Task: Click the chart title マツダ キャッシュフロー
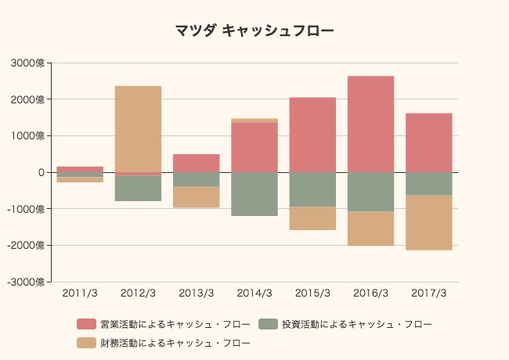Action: click(x=254, y=31)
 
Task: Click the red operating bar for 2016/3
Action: click(x=370, y=124)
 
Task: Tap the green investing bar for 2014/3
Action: click(x=254, y=193)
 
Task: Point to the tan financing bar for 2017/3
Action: click(x=428, y=222)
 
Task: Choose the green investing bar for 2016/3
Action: click(x=370, y=192)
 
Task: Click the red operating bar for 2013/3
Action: click(x=196, y=163)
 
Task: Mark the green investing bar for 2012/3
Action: click(x=138, y=189)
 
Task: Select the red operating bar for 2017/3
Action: click(x=428, y=142)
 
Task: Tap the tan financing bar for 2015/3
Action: click(x=312, y=218)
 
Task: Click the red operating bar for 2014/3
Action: click(x=254, y=147)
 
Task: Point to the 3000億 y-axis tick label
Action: click(x=28, y=63)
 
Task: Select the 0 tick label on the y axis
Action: click(x=42, y=172)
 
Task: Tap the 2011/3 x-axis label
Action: click(x=80, y=293)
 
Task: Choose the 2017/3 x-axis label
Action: click(x=428, y=293)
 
